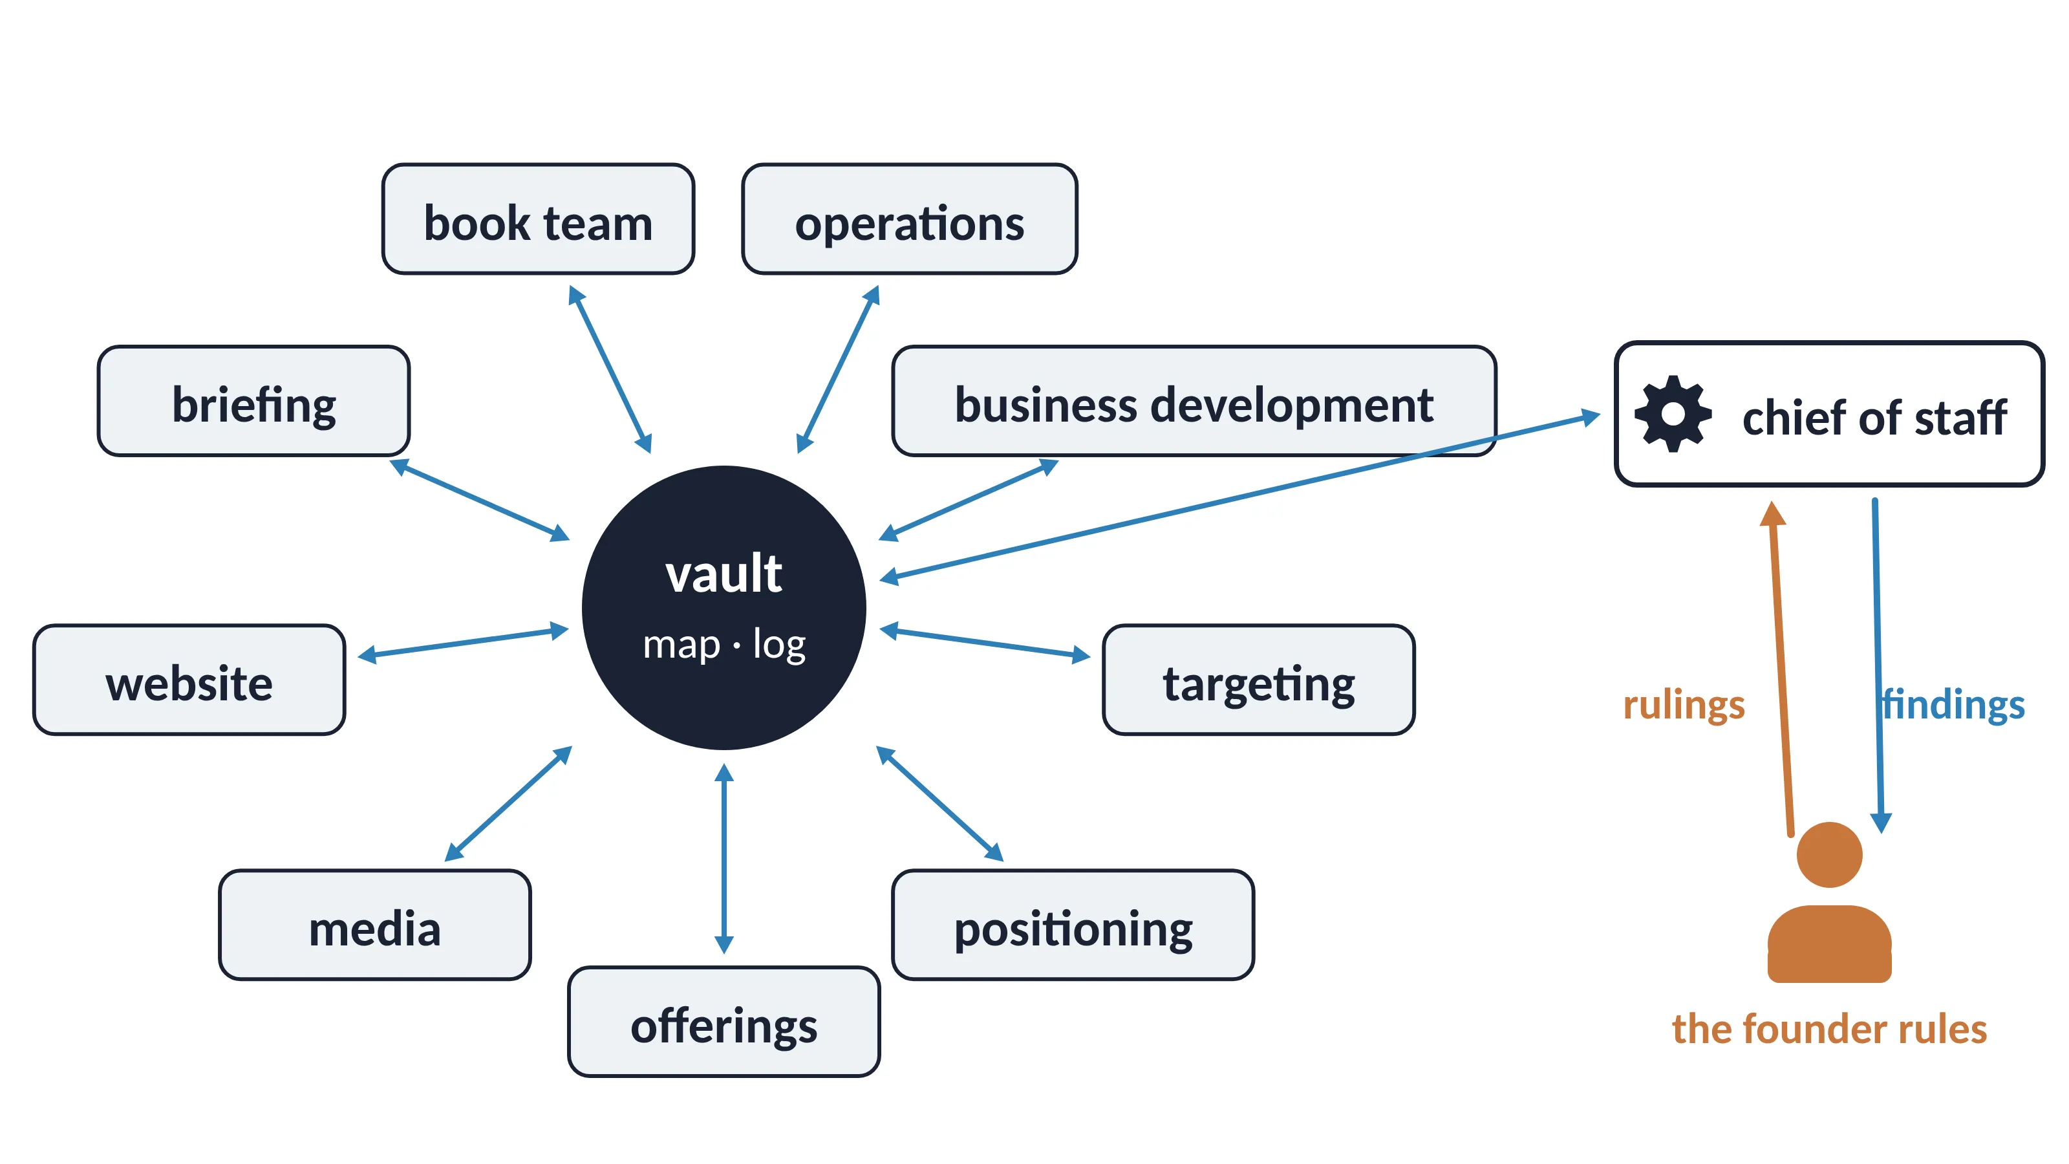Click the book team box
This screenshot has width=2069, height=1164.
click(538, 219)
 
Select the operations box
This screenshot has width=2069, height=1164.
click(909, 219)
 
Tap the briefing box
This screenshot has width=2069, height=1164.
click(254, 402)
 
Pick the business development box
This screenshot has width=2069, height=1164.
click(1194, 402)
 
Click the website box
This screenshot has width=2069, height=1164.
click(189, 680)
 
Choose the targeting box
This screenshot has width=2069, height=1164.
click(1259, 680)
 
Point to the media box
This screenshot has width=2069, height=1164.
click(375, 925)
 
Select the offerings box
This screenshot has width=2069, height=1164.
click(724, 1022)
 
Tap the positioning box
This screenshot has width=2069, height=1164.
click(1073, 925)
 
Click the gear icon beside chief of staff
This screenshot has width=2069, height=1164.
click(1673, 415)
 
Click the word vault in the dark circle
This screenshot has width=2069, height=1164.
click(724, 574)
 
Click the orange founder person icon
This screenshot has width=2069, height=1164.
click(1830, 902)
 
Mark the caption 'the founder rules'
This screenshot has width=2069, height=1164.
click(1830, 1029)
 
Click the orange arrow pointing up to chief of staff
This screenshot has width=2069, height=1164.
click(1781, 669)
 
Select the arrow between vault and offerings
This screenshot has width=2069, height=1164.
click(724, 858)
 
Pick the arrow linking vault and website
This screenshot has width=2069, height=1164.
click(463, 643)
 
